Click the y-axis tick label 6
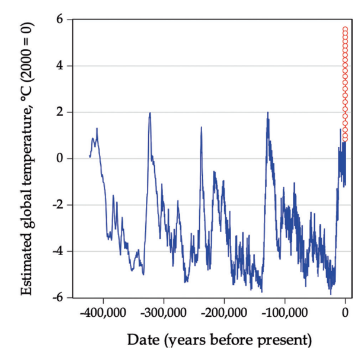(x=59, y=20)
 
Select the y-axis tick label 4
(x=59, y=66)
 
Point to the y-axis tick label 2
(x=59, y=112)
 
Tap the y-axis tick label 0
(x=59, y=159)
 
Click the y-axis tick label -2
(x=58, y=205)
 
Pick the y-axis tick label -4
(x=58, y=251)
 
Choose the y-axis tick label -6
(x=58, y=297)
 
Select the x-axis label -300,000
(x=163, y=311)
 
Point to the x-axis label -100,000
(x=285, y=311)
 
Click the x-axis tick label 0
(x=346, y=311)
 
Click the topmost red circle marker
(x=345, y=28)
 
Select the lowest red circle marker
(x=345, y=139)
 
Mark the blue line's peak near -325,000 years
(x=150, y=112)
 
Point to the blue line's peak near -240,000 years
(x=202, y=127)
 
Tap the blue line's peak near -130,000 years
(x=268, y=112)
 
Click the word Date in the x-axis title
(x=142, y=340)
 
